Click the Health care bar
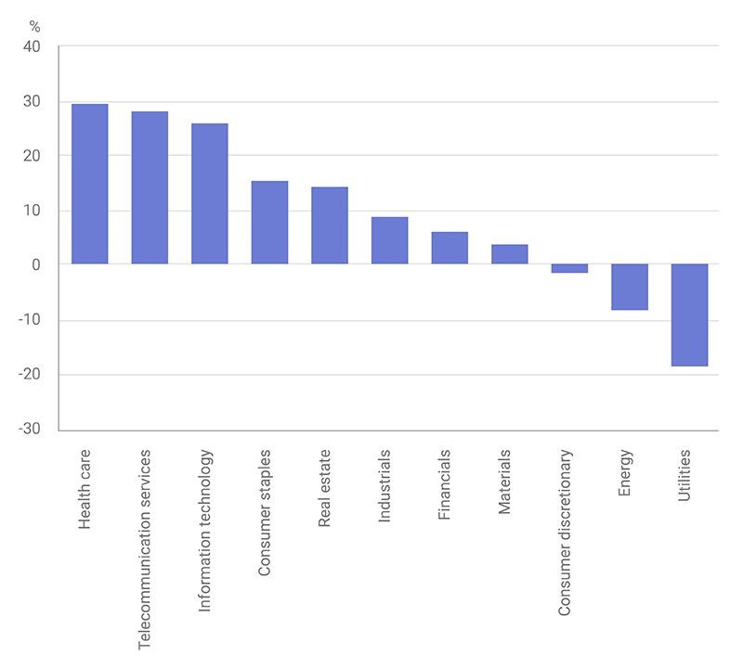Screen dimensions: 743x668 point(89,184)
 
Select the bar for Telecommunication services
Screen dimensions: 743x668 point(150,187)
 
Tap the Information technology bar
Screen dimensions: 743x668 point(210,194)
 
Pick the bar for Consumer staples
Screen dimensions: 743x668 point(269,223)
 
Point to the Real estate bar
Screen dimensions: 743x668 point(330,225)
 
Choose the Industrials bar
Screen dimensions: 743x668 point(389,240)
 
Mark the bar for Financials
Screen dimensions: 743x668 point(450,248)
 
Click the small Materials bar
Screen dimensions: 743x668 point(509,254)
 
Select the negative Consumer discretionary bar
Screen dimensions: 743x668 point(569,268)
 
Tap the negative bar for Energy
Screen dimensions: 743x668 point(630,287)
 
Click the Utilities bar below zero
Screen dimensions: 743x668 point(689,315)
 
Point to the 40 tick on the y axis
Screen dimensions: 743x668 point(32,47)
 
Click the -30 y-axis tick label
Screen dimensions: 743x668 point(30,429)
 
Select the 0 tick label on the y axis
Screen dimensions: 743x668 point(36,265)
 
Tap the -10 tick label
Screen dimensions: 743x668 point(30,319)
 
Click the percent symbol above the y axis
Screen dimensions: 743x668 point(34,27)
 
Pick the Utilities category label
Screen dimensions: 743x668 point(684,475)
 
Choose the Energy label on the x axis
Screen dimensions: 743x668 point(624,472)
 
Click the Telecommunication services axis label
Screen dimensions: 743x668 point(144,549)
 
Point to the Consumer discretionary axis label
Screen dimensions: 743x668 point(564,533)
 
